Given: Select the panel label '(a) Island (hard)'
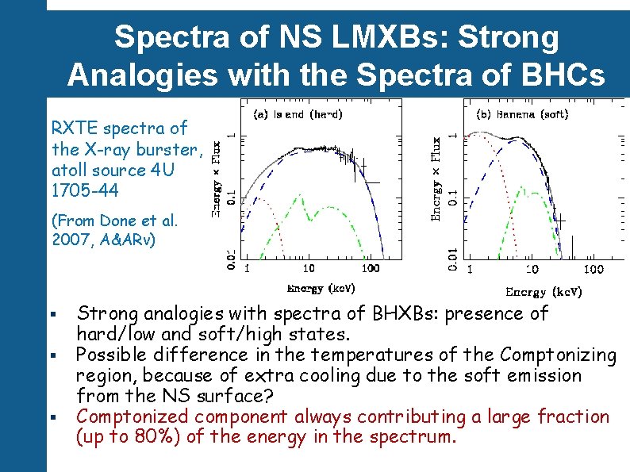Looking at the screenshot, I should pyautogui.click(x=298, y=114).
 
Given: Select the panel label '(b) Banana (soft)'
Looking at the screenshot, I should pyautogui.click(x=521, y=114).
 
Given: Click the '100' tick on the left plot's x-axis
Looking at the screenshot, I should pyautogui.click(x=370, y=269).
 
